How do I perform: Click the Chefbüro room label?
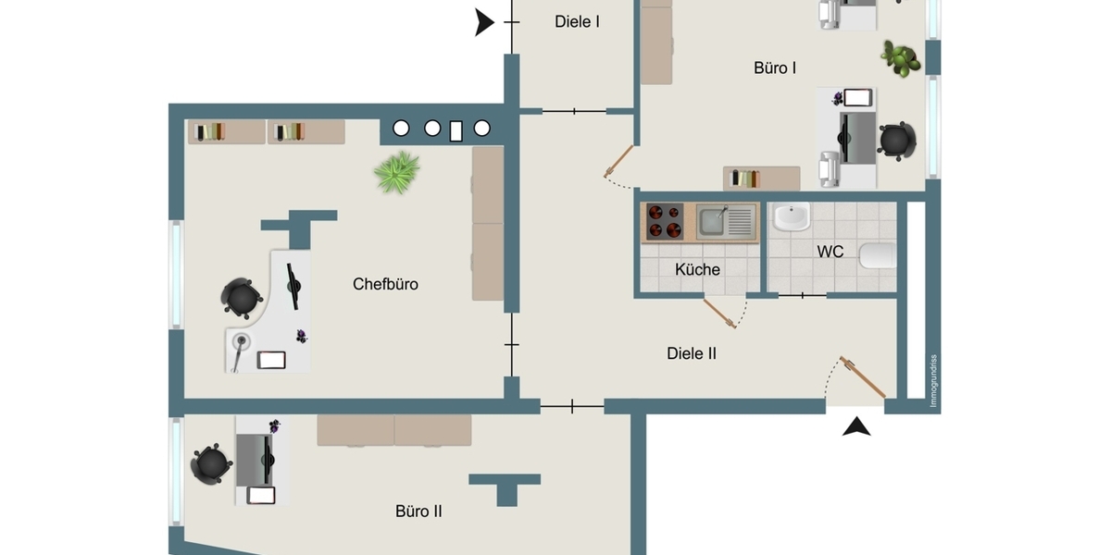385,285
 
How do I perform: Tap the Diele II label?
692,353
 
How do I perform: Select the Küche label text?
697,269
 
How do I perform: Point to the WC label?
830,252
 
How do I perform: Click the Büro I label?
775,68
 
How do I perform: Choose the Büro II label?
418,511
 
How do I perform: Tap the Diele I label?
577,22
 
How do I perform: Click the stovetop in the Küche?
665,221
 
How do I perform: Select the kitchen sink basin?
712,221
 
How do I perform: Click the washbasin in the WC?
793,216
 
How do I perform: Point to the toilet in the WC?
878,255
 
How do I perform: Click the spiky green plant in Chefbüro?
397,172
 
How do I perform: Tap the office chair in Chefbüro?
241,298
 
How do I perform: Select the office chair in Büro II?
211,464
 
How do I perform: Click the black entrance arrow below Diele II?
856,426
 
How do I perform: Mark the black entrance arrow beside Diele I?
484,22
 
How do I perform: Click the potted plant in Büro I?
901,59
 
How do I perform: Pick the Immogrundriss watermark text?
933,380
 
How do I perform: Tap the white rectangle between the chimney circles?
456,131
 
